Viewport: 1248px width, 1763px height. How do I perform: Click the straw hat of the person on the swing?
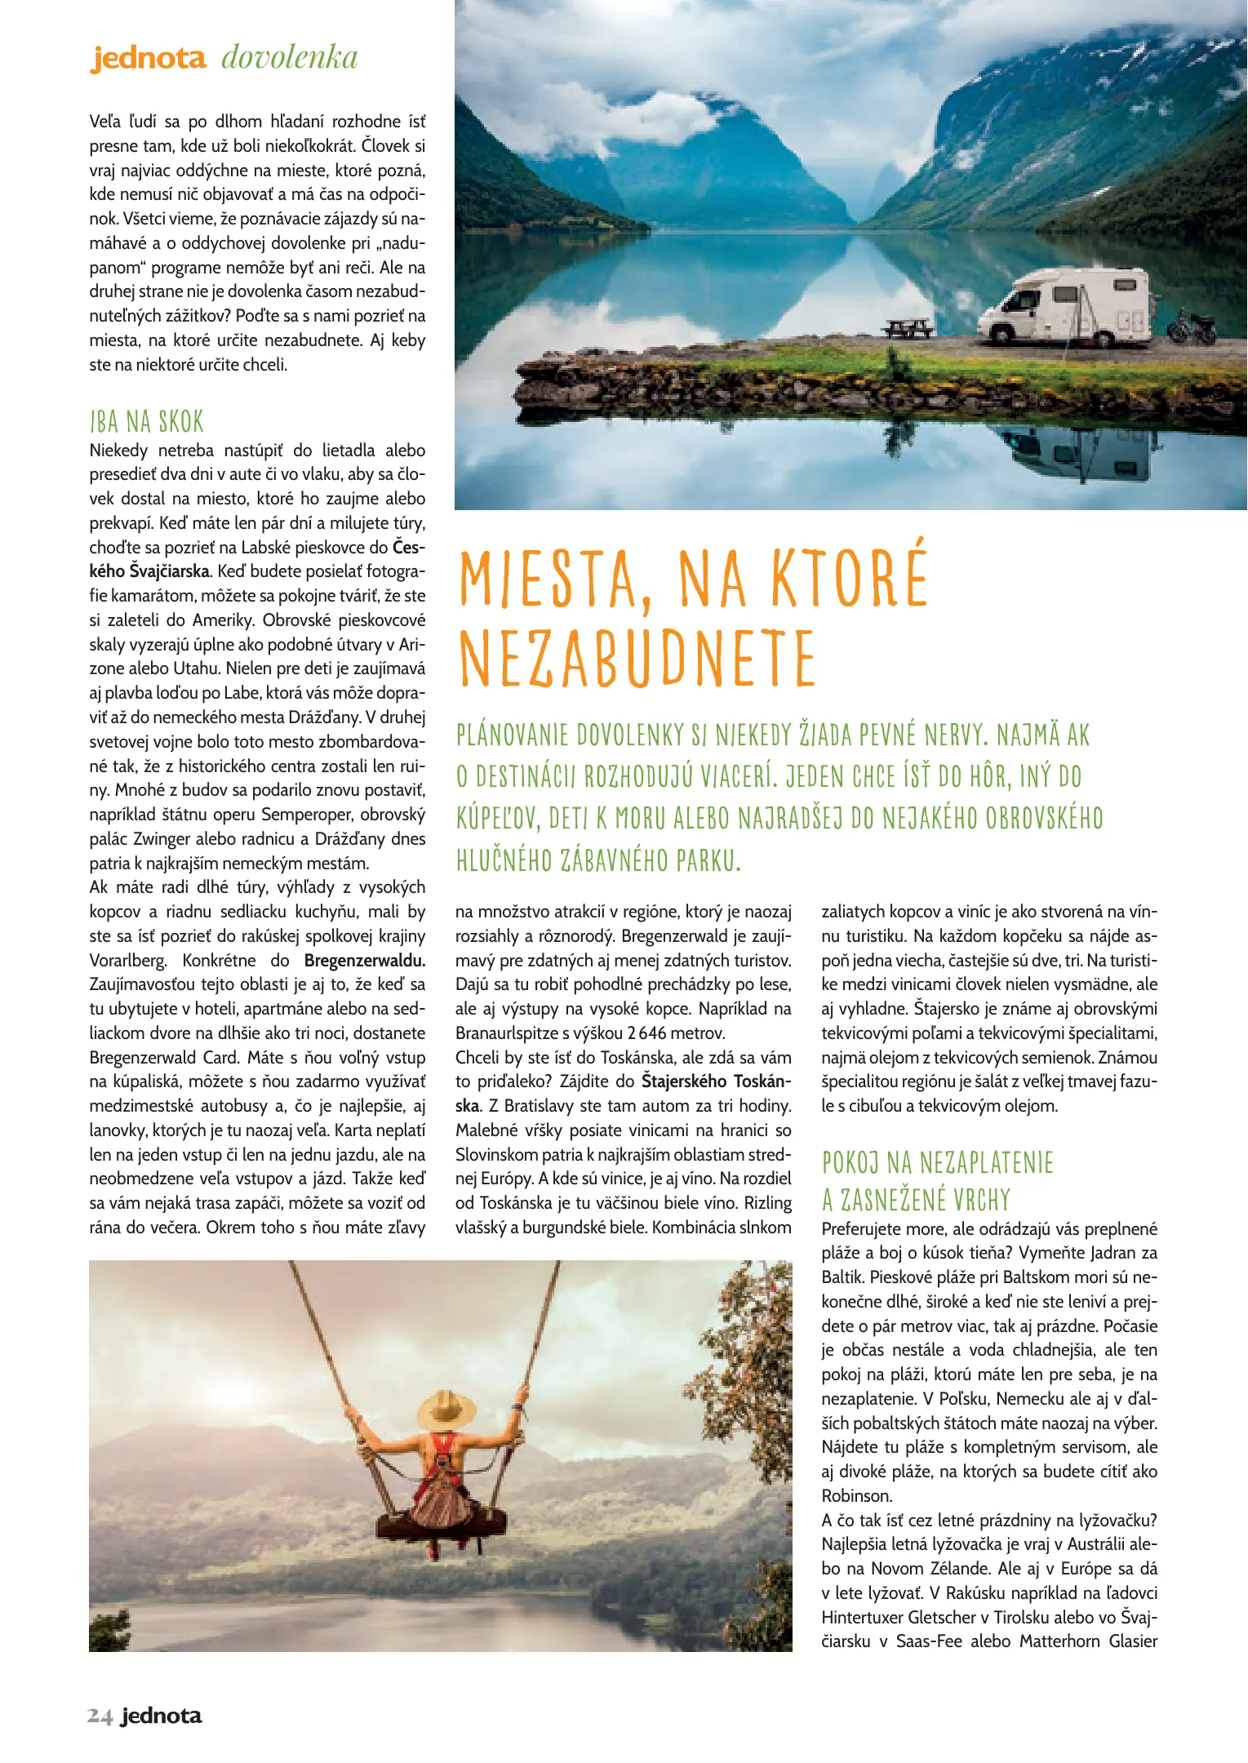pyautogui.click(x=446, y=1408)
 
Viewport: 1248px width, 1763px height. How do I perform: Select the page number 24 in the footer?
pyautogui.click(x=100, y=1716)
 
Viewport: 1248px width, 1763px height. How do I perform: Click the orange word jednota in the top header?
pyautogui.click(x=148, y=58)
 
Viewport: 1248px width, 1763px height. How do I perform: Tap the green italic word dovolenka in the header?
pyautogui.click(x=290, y=58)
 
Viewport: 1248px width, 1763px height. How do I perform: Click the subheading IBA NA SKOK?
pyautogui.click(x=147, y=422)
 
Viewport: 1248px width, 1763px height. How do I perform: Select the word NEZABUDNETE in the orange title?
pyautogui.click(x=637, y=659)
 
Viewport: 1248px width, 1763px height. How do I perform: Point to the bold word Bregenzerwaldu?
pyautogui.click(x=364, y=961)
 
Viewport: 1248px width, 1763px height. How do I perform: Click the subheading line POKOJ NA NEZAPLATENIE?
pyautogui.click(x=937, y=1162)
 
